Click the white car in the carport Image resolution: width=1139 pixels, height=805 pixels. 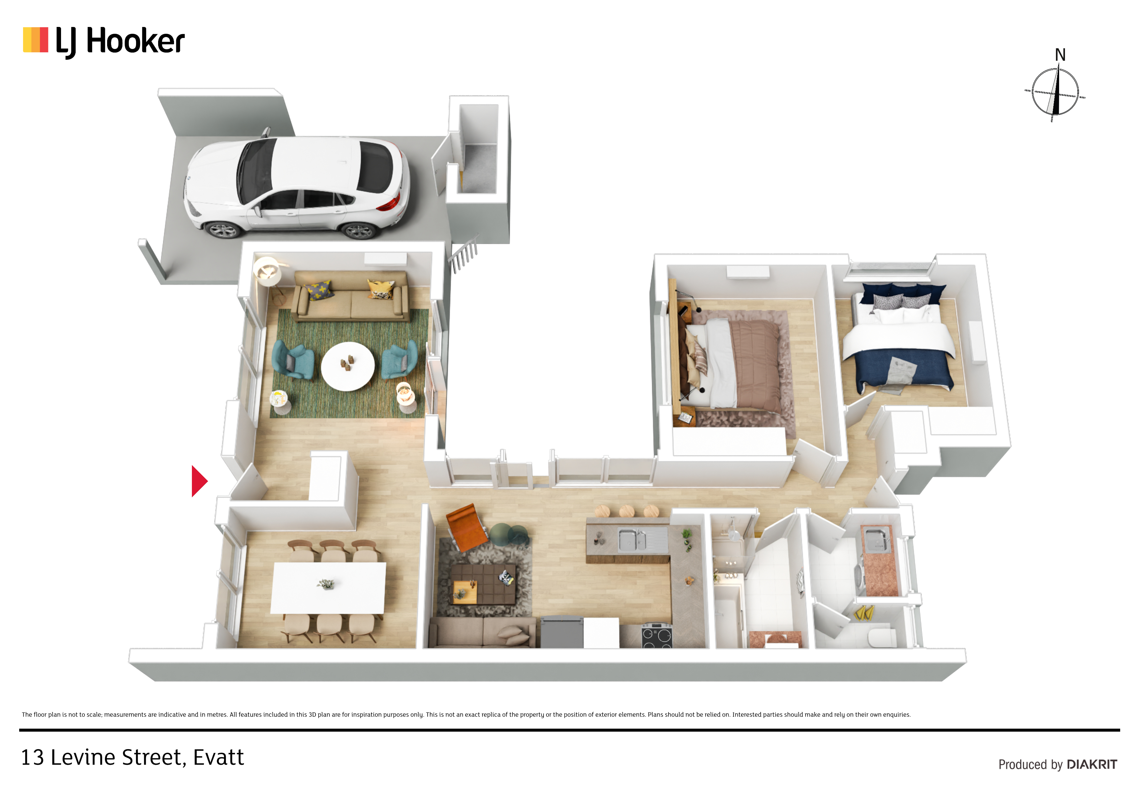(x=297, y=186)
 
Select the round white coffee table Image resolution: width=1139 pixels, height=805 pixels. (x=348, y=366)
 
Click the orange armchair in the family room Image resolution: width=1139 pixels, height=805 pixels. (x=466, y=527)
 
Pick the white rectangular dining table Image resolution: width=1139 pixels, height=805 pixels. (x=328, y=588)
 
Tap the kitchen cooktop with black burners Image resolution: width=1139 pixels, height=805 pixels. (x=657, y=635)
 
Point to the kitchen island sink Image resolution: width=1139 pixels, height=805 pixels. (x=632, y=539)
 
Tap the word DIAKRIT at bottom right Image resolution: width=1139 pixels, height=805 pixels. (x=1092, y=764)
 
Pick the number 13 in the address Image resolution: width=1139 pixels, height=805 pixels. (x=32, y=757)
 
